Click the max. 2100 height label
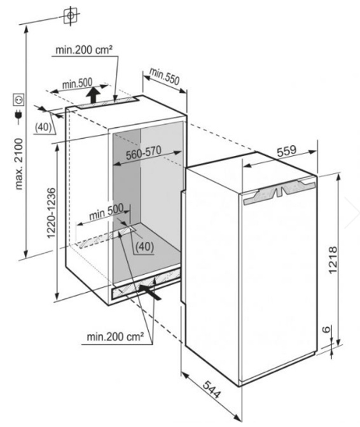click(19, 164)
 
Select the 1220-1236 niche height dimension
click(51, 213)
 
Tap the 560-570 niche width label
click(144, 153)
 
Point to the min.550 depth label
click(164, 76)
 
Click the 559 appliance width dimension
click(286, 151)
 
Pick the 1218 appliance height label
click(333, 260)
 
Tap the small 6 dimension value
click(326, 329)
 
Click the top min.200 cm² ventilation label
click(84, 50)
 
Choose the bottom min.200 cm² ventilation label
click(115, 337)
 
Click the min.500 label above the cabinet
click(77, 83)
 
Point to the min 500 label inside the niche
click(106, 212)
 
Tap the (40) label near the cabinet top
click(43, 127)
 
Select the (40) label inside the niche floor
click(144, 246)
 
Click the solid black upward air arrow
click(93, 95)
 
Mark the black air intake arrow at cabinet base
click(149, 291)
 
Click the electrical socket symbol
click(19, 100)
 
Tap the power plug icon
click(18, 116)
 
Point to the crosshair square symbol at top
click(71, 15)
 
